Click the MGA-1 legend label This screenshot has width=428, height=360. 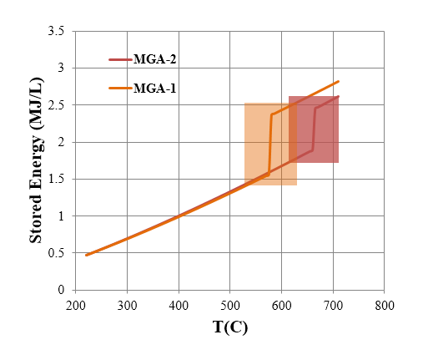154,88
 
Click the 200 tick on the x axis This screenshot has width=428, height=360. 76,306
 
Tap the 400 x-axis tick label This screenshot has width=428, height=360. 179,306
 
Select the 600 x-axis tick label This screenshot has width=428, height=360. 281,306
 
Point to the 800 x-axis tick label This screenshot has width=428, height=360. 384,306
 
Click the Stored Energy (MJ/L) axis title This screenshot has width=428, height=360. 37,161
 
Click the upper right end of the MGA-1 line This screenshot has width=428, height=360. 339,82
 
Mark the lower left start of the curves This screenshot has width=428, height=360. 86,255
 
